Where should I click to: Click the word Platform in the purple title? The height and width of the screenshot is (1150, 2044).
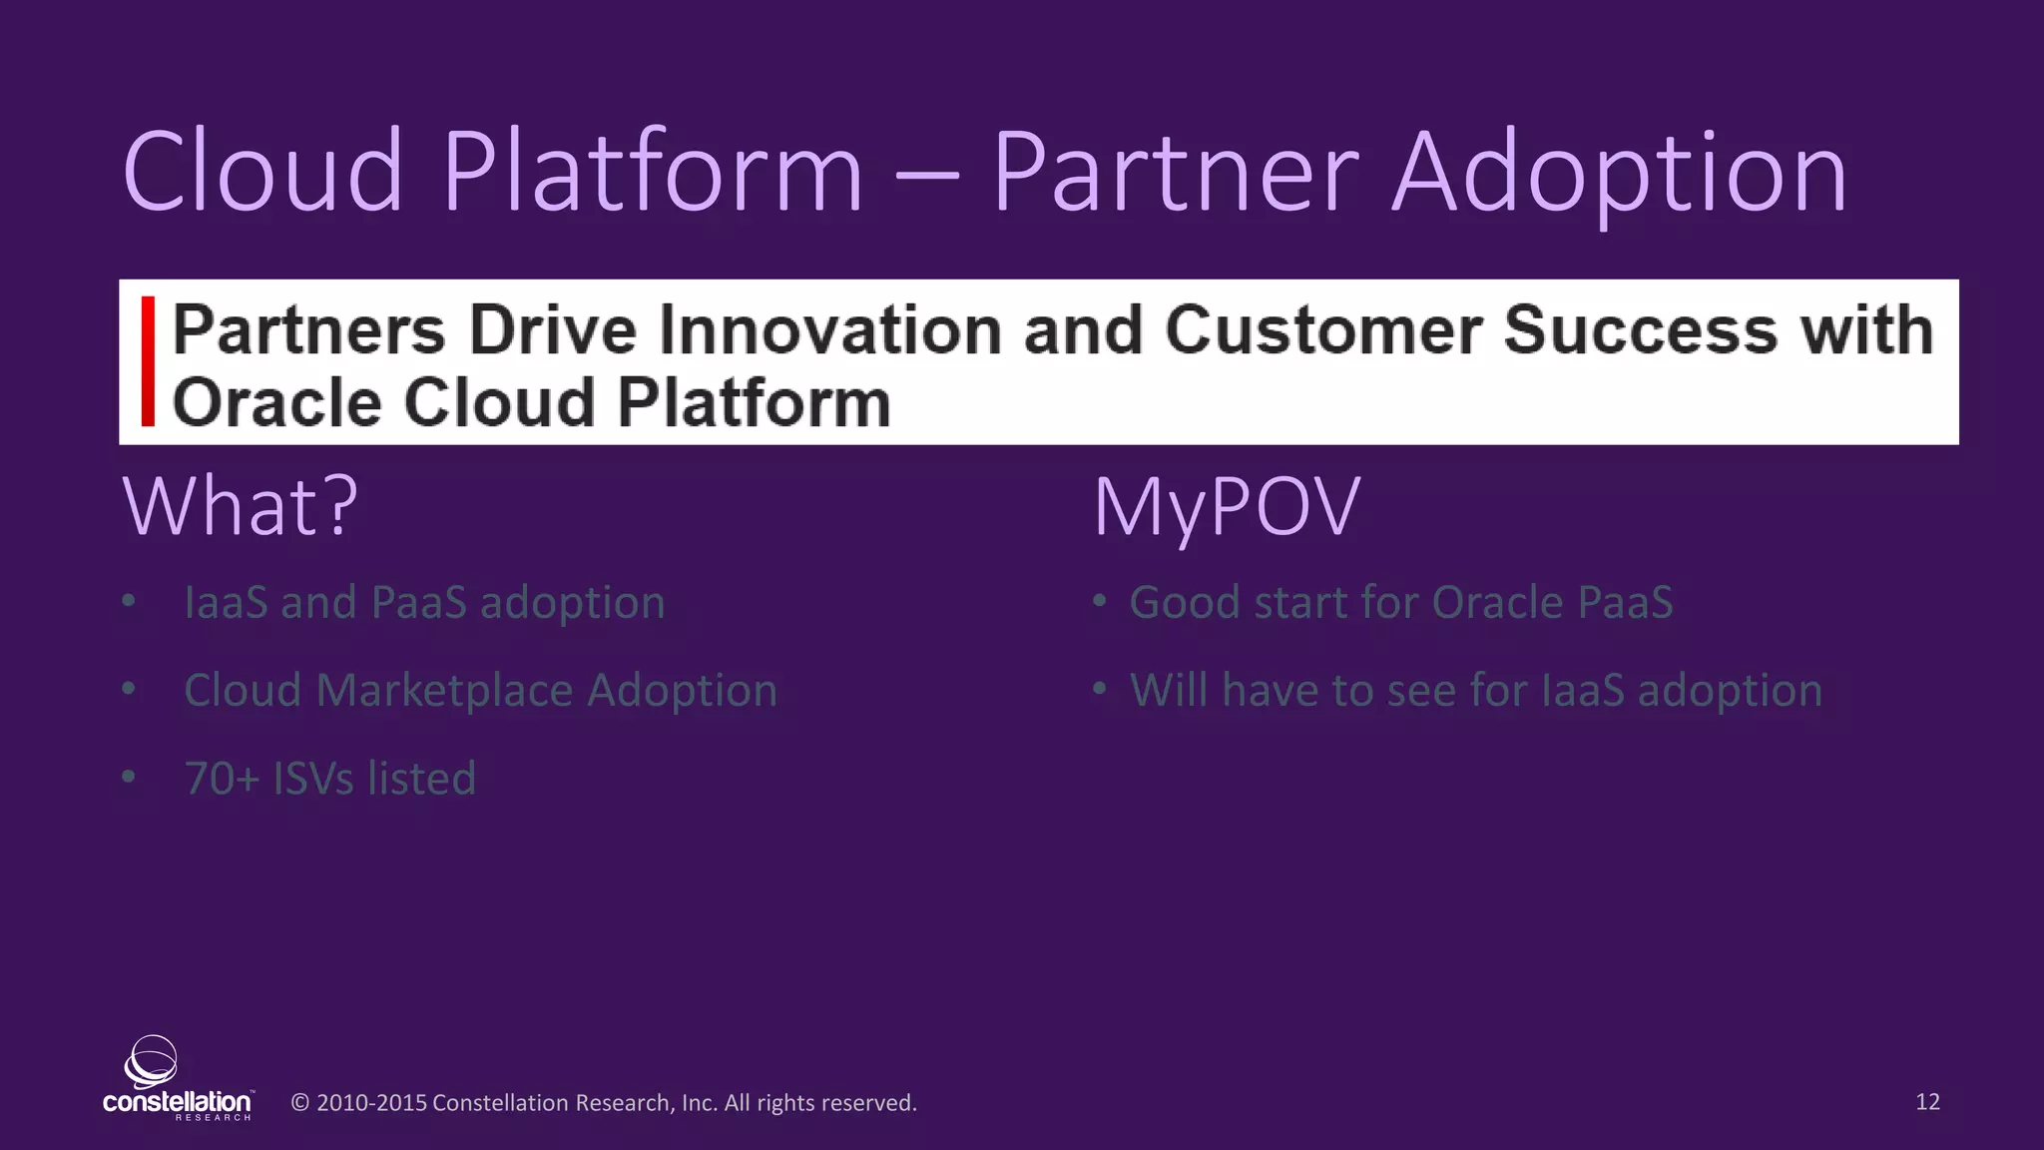[653, 173]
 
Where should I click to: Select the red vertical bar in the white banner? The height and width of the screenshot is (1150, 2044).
[148, 361]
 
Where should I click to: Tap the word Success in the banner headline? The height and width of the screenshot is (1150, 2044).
[1641, 330]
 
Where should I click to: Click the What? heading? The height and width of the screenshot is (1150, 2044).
[240, 507]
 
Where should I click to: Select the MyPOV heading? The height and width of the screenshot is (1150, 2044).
[1227, 507]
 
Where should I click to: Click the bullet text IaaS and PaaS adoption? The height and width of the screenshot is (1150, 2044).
[424, 603]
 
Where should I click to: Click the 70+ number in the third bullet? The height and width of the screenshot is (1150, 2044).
[222, 779]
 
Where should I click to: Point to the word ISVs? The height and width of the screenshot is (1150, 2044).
[312, 779]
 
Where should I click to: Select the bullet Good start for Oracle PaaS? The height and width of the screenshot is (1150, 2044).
[1400, 603]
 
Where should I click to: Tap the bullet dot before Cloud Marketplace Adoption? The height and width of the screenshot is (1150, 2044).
[129, 689]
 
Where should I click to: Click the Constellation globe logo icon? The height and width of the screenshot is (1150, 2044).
[151, 1061]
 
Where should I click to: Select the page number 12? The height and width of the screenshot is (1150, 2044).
[1927, 1102]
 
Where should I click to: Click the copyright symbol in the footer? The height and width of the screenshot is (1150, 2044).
[299, 1103]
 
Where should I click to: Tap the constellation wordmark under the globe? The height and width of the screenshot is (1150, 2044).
[177, 1102]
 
